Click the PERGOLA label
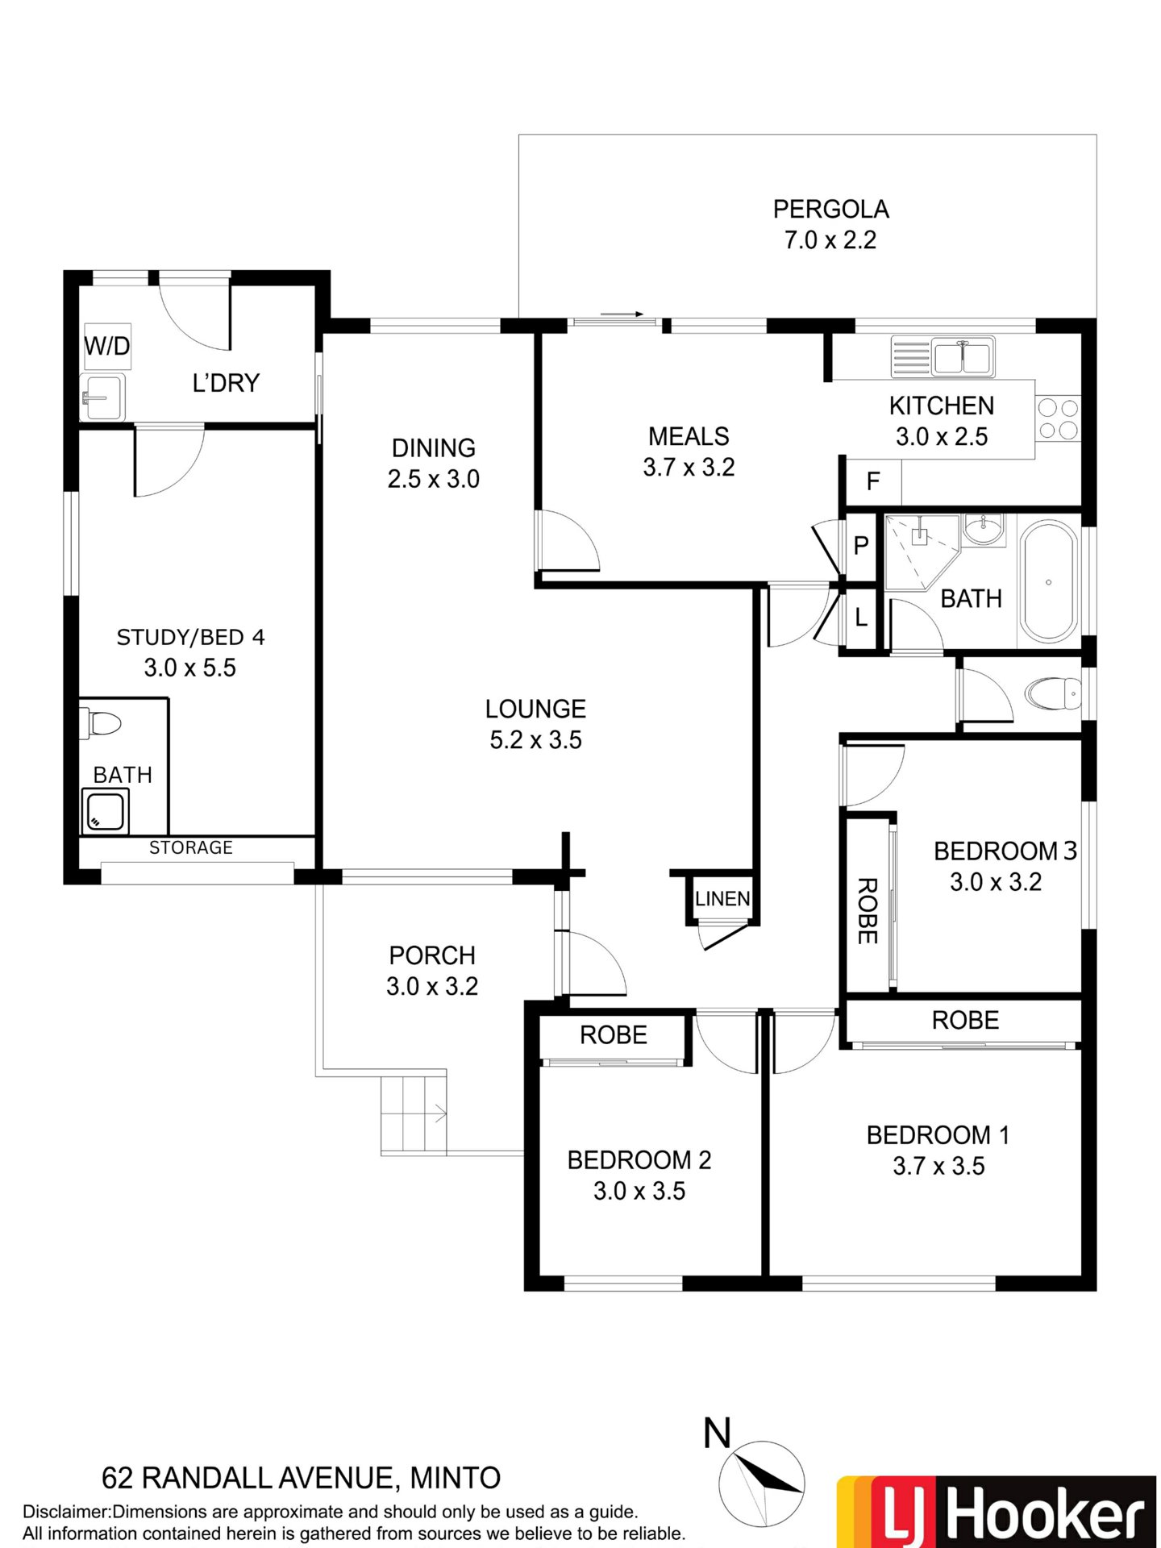point(830,210)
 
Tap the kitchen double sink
point(943,356)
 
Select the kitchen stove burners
point(1058,418)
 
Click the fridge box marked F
point(872,481)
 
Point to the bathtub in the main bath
point(1048,582)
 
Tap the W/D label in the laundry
point(107,347)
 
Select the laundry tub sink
point(102,397)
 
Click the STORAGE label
point(191,847)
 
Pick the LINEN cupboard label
point(722,898)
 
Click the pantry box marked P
point(860,546)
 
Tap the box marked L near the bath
point(860,618)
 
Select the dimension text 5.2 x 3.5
point(535,740)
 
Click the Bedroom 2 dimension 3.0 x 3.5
point(639,1191)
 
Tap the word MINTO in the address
point(456,1478)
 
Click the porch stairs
point(413,1113)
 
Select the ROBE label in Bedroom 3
point(867,910)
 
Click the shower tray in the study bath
point(105,811)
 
